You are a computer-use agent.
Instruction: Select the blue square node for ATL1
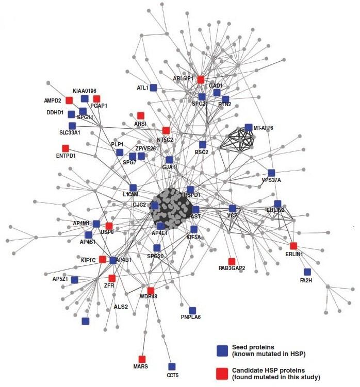point(153,88)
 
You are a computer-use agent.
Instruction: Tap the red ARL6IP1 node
point(201,79)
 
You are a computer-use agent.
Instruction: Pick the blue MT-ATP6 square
point(249,127)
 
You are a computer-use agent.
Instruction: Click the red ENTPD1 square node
point(66,148)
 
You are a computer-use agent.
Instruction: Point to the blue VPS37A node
point(272,173)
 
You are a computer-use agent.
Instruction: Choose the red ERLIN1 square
point(293,246)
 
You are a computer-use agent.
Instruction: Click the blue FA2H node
point(307,272)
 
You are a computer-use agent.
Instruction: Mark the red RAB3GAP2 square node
point(232,261)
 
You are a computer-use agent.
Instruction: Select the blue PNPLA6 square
point(192,310)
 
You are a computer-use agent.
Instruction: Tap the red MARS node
point(142,359)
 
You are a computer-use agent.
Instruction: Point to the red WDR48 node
point(151,291)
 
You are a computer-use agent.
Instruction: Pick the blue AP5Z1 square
point(75,279)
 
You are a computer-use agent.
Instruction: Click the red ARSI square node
point(141,115)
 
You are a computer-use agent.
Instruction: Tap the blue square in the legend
point(222,351)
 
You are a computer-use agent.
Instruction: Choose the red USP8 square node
point(109,226)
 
